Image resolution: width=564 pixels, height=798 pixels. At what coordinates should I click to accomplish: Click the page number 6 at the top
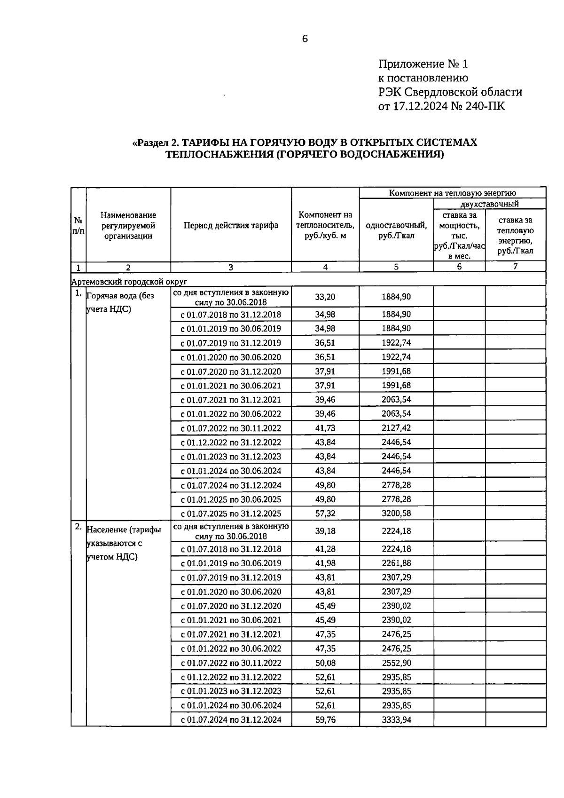[305, 39]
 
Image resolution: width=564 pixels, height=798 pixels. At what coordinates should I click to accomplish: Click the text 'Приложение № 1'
[423, 64]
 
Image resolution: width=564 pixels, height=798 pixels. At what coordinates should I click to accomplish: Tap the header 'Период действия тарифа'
[231, 225]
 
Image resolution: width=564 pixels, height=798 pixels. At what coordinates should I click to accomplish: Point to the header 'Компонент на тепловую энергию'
[452, 193]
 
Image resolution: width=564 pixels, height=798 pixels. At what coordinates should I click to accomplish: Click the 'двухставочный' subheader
[489, 204]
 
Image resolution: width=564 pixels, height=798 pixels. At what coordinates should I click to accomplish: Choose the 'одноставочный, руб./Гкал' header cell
[396, 230]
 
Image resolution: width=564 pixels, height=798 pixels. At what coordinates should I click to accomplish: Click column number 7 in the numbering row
[515, 267]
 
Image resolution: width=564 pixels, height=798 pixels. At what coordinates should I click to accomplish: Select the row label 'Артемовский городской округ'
[129, 281]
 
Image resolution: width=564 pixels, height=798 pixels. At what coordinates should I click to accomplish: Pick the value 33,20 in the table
[325, 297]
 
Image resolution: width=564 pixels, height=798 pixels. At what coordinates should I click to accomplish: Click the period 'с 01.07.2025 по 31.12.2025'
[231, 514]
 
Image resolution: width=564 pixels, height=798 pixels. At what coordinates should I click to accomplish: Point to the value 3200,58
[396, 514]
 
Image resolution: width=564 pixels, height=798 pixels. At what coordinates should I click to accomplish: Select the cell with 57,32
[325, 514]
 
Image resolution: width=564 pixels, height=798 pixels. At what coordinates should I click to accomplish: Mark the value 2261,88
[396, 563]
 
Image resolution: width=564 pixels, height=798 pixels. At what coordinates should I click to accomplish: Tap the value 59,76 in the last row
[325, 719]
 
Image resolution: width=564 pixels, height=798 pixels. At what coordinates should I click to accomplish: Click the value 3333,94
[396, 719]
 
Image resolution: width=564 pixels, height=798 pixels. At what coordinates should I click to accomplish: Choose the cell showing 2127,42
[396, 428]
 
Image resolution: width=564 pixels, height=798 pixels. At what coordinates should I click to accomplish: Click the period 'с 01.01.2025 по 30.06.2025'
[231, 499]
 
